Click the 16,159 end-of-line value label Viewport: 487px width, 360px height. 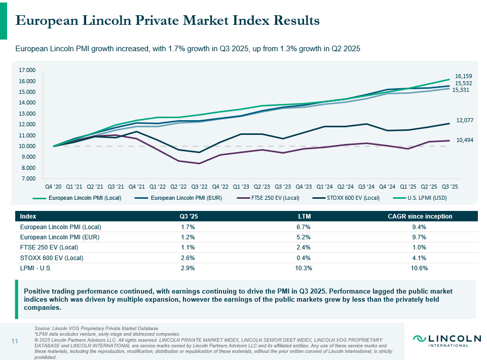463,76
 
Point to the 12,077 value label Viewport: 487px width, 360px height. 464,121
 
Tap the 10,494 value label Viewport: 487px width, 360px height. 464,140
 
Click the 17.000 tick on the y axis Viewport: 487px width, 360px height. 27,70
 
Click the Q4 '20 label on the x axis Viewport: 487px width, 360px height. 54,186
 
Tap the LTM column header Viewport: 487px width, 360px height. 304,217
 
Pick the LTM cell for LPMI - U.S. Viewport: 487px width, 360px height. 304,268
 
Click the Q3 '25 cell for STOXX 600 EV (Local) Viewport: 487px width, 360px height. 188,258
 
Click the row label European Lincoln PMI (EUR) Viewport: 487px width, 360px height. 59,237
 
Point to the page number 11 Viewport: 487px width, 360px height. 15,341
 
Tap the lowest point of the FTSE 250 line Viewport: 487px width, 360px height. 199,163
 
